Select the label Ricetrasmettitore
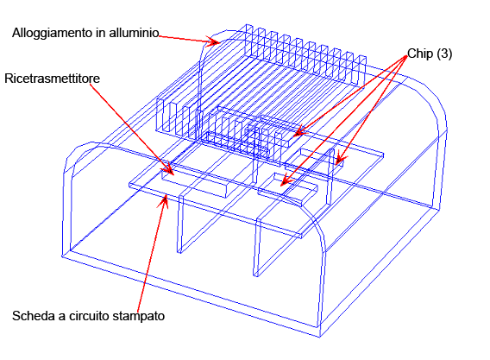[52, 79]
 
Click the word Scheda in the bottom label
[34, 316]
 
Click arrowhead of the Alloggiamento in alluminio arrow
[214, 41]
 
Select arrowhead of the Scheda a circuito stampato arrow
[164, 201]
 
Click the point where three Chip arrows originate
[407, 57]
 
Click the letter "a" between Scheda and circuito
[62, 317]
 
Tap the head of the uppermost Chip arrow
[299, 131]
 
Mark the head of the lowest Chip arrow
[286, 181]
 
